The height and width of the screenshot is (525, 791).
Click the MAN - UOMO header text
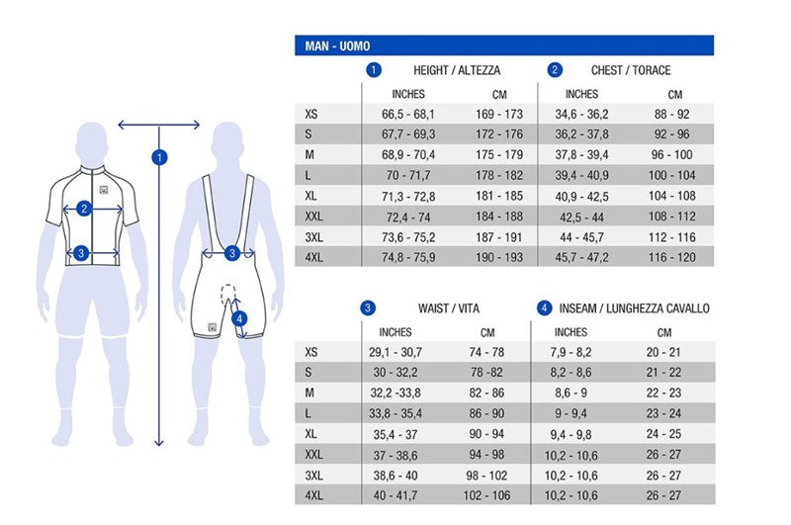click(x=333, y=46)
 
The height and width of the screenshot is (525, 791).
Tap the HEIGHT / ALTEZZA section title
click(x=457, y=70)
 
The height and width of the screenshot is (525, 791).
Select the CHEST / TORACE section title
click(x=631, y=70)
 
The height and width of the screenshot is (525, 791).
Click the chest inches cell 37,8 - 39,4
click(x=581, y=155)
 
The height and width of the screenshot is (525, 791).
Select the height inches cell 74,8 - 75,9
click(x=407, y=257)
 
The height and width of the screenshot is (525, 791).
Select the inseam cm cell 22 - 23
click(x=664, y=394)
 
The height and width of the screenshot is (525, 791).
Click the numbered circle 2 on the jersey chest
click(x=85, y=209)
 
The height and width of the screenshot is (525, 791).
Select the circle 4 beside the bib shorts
click(x=240, y=318)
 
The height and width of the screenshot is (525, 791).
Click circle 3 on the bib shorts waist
click(x=231, y=253)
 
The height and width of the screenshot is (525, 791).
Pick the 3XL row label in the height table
click(x=314, y=237)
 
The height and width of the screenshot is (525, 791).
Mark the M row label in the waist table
click(x=310, y=394)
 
